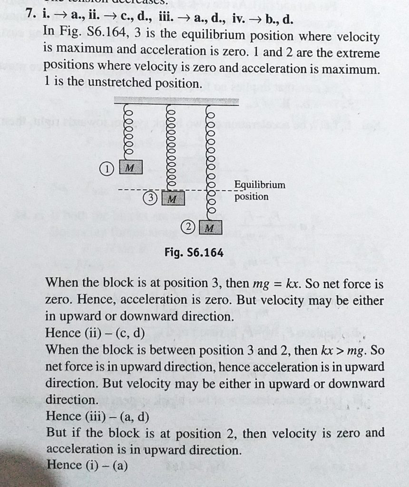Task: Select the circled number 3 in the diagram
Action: click(150, 198)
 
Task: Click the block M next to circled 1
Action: click(129, 167)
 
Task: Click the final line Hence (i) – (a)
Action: click(87, 465)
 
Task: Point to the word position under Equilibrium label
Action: click(251, 196)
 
